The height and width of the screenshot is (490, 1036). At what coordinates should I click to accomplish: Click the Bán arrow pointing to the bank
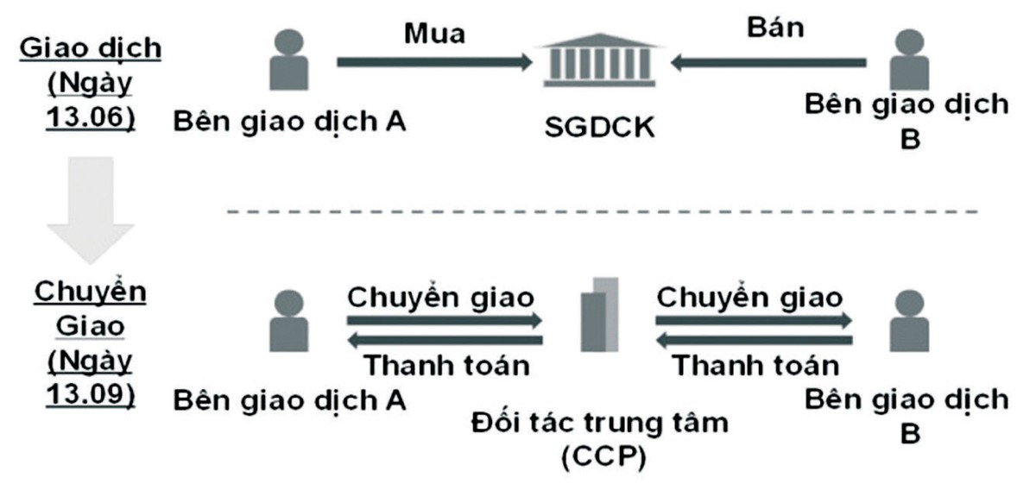[769, 61]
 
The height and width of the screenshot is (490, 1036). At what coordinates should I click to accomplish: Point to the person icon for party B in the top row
[908, 60]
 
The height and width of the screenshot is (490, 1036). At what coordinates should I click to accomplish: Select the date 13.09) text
[90, 393]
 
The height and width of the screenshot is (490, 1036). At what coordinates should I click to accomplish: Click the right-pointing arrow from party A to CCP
[444, 320]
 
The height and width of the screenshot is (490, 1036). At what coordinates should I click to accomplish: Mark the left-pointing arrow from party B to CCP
[754, 340]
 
